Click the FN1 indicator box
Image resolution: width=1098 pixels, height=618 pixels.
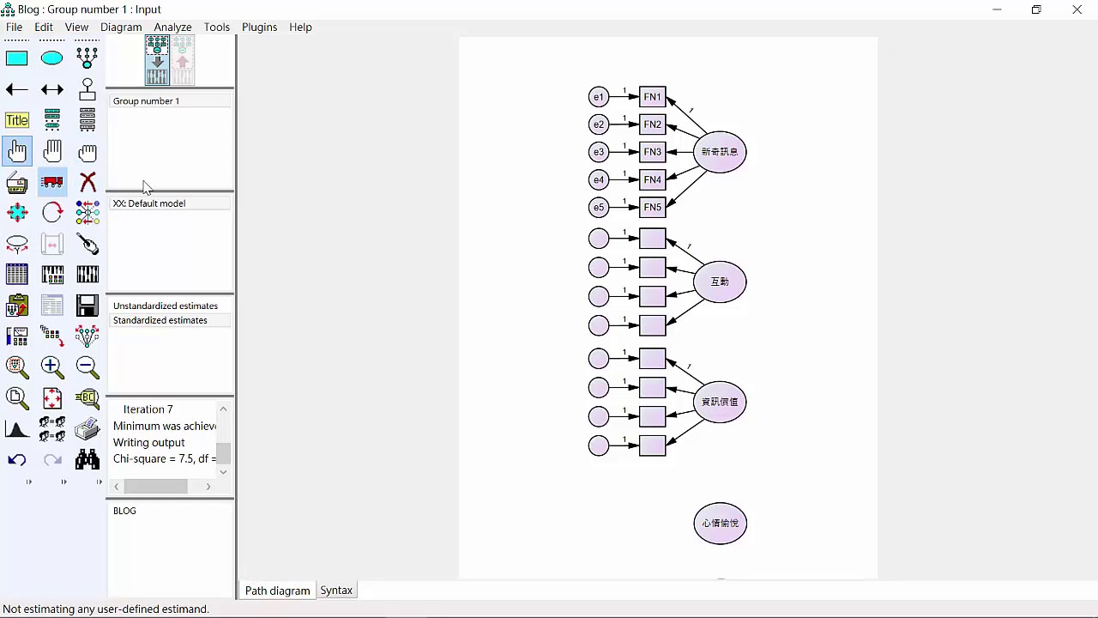click(653, 97)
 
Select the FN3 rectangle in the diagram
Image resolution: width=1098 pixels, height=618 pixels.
click(653, 152)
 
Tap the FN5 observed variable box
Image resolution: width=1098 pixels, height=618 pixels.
click(653, 207)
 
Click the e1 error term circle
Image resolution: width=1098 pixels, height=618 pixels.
click(599, 97)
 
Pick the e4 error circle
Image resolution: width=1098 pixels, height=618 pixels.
click(599, 179)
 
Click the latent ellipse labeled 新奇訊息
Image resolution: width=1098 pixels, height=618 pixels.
click(720, 152)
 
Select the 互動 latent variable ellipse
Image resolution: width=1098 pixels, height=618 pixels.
click(720, 282)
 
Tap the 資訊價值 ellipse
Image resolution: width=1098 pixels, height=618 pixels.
click(720, 402)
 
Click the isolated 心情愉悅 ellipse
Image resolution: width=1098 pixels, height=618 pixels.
click(720, 523)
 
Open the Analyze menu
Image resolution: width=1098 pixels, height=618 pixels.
click(172, 27)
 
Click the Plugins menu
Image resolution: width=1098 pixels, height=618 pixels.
click(259, 27)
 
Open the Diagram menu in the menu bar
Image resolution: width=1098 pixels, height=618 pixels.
click(121, 27)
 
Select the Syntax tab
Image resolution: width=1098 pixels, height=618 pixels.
click(336, 591)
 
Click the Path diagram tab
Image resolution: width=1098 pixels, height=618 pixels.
click(277, 591)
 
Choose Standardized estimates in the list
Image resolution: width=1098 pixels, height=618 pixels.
click(160, 320)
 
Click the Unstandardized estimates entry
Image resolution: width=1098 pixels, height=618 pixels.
click(166, 306)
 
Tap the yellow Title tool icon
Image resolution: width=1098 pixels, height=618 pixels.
click(17, 120)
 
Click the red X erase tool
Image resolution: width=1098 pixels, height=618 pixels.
click(87, 182)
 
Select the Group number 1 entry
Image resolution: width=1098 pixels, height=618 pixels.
click(147, 101)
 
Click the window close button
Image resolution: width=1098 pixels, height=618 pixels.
click(1077, 9)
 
